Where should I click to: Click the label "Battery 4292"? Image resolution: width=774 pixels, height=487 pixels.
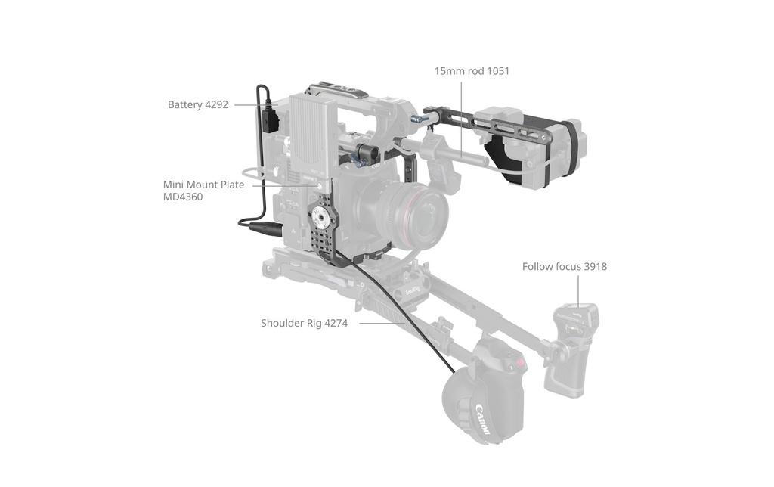(198, 104)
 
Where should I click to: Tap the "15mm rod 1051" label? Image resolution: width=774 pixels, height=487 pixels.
(472, 71)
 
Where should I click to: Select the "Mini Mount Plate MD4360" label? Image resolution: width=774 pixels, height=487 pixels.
(203, 191)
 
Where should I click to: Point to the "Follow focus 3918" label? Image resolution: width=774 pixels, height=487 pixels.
(564, 267)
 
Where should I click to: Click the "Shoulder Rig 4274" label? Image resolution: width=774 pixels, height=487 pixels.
(304, 323)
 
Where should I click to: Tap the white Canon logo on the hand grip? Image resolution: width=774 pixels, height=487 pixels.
(484, 419)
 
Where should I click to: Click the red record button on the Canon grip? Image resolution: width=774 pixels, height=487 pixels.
(520, 363)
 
